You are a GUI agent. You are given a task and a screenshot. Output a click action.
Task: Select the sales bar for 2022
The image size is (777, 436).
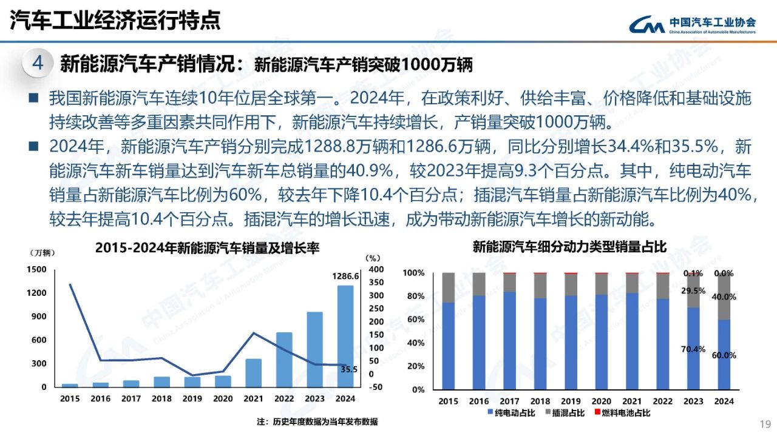click(284, 360)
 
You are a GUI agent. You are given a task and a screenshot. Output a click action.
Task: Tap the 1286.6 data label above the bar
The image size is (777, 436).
click(346, 276)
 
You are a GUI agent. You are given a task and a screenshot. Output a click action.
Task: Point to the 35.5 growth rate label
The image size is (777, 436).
click(348, 369)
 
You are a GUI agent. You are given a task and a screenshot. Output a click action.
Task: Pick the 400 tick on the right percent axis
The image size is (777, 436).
click(376, 269)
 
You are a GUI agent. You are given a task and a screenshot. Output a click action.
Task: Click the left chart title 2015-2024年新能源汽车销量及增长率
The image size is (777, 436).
click(207, 247)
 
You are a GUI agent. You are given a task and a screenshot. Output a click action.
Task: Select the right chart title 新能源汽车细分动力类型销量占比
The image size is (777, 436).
click(569, 247)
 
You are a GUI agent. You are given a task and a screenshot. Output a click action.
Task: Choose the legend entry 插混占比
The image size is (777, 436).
click(568, 413)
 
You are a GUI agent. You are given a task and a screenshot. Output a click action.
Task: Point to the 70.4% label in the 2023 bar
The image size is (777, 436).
click(693, 349)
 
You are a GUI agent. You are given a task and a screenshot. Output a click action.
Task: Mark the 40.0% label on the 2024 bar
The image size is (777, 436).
click(724, 297)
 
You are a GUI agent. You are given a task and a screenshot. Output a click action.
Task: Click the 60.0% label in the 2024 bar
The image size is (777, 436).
click(724, 355)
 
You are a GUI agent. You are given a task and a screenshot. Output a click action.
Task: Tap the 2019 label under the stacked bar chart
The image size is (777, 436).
click(571, 401)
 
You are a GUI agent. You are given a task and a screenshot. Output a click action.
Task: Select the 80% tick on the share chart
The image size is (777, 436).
click(415, 297)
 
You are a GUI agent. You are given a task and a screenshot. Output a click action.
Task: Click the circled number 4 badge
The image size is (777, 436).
click(38, 64)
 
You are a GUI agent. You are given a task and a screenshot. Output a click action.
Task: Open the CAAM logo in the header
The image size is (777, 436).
click(692, 24)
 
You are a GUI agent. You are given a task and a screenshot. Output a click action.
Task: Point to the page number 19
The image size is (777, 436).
click(765, 423)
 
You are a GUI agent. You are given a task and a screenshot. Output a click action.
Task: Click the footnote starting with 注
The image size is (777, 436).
click(317, 421)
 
